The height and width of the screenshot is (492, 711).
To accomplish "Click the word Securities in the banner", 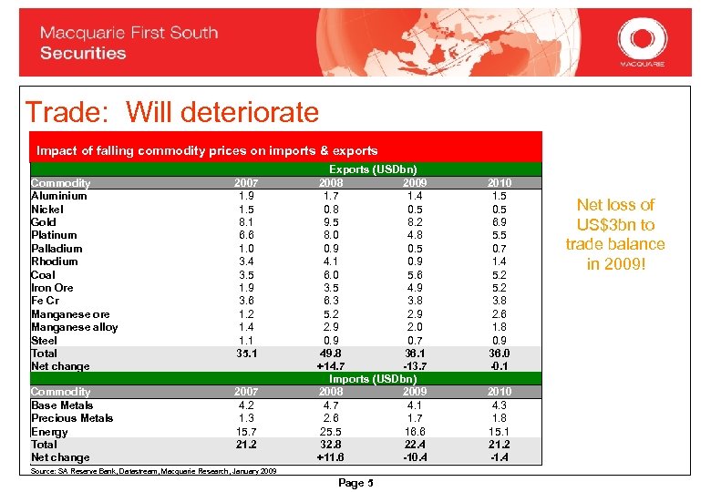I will (83, 54).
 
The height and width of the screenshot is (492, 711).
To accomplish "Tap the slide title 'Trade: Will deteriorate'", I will (172, 112).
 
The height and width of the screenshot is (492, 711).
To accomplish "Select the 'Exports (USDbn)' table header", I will (373, 169).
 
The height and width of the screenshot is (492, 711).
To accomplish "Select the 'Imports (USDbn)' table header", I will (373, 379).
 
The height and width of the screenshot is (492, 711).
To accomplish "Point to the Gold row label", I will (44, 221).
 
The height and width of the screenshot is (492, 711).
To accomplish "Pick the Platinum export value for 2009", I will (415, 235).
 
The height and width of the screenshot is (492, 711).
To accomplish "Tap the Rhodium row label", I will (55, 261).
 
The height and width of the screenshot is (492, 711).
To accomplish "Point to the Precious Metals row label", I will (72, 418).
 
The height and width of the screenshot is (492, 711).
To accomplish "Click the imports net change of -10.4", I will (415, 457).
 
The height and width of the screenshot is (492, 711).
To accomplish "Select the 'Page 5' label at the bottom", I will (356, 483).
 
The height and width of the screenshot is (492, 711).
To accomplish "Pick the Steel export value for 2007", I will (245, 340).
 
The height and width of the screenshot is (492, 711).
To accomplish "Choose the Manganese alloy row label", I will (74, 327).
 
